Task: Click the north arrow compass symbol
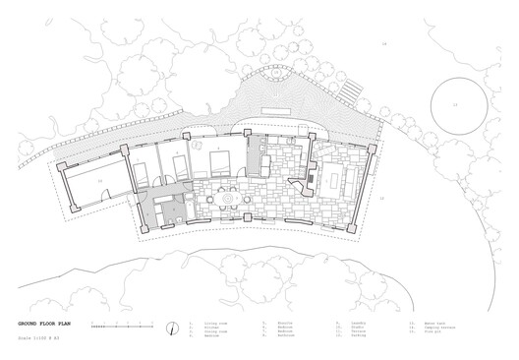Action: click(x=174, y=327)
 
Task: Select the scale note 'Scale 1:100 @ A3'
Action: click(x=40, y=335)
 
